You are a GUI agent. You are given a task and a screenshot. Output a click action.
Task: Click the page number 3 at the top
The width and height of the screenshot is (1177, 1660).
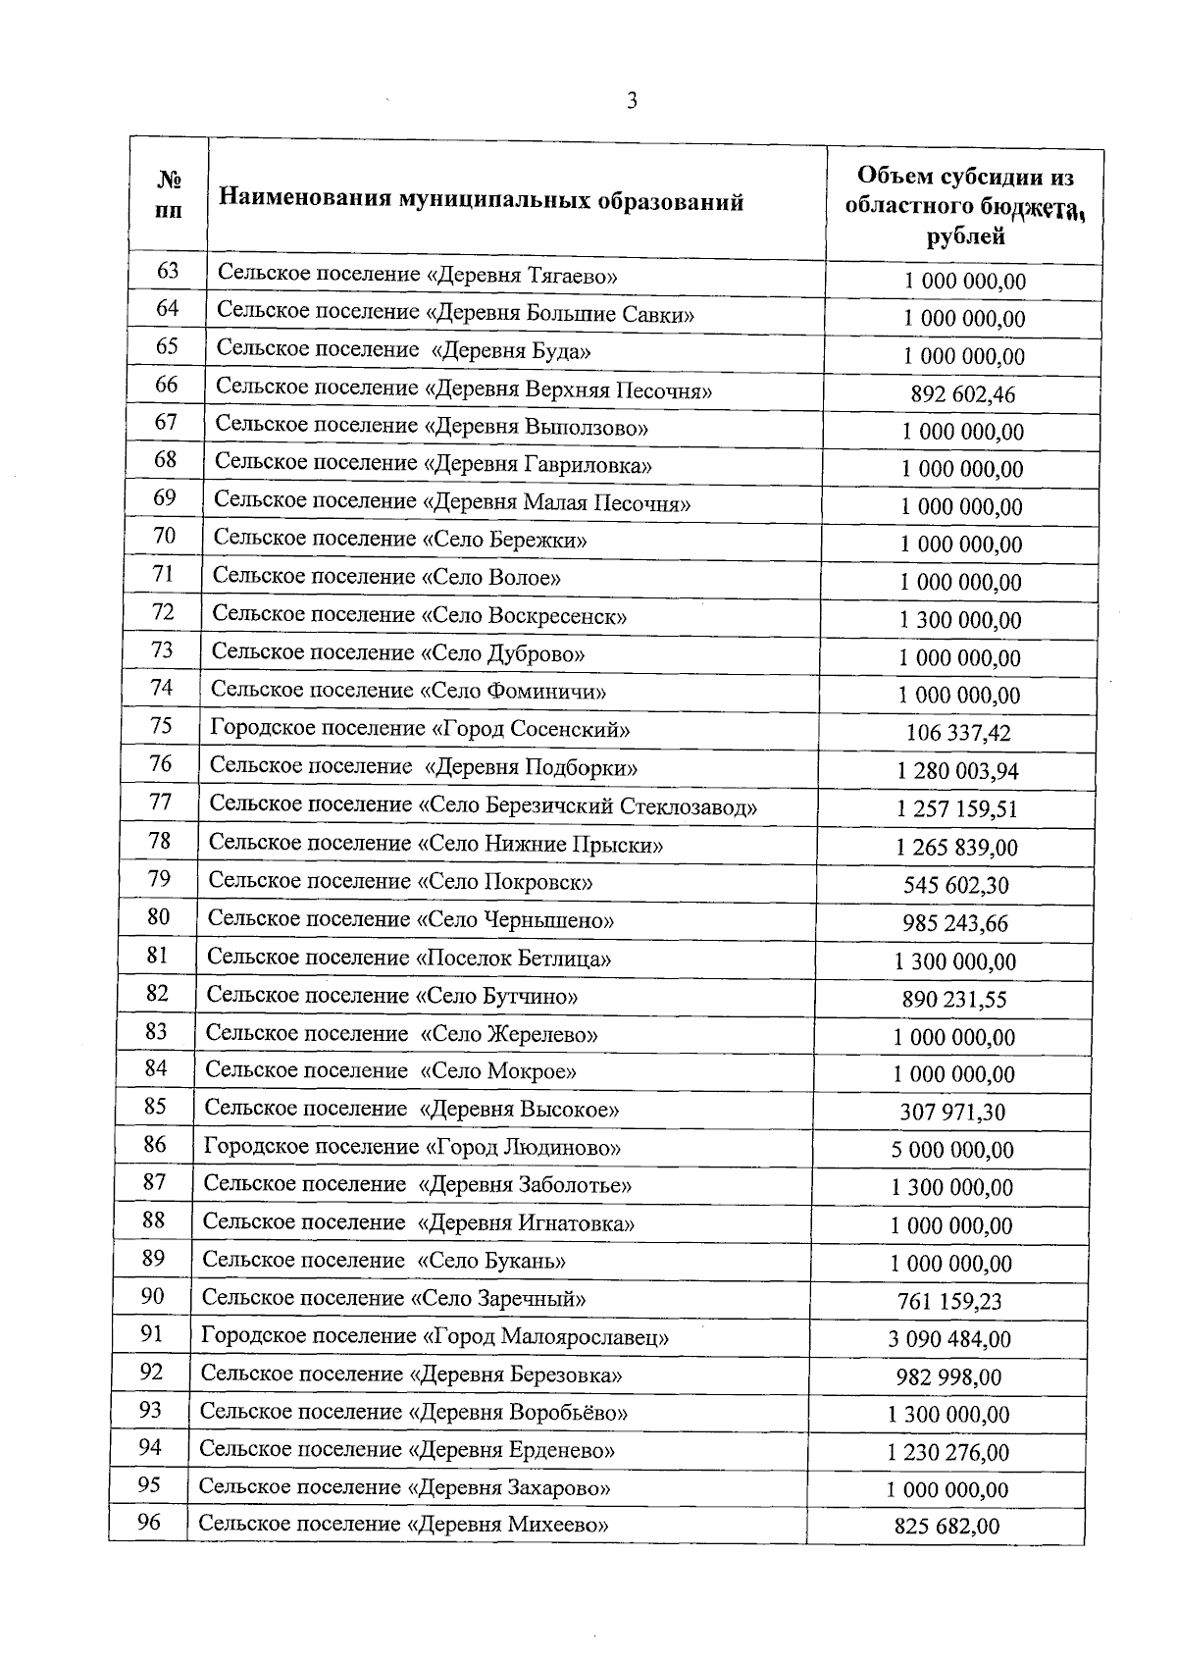tap(632, 100)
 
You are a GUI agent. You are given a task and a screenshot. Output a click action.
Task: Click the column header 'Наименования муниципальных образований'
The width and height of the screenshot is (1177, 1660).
tap(481, 201)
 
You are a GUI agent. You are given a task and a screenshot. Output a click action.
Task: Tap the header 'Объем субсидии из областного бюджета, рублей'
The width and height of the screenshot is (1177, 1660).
tap(965, 206)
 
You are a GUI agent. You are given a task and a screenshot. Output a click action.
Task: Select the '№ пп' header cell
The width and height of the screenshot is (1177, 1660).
tap(169, 195)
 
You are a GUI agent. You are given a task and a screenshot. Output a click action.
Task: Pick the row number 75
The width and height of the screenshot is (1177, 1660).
tap(162, 725)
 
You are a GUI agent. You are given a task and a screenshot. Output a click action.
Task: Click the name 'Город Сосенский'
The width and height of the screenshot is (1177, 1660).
tap(531, 729)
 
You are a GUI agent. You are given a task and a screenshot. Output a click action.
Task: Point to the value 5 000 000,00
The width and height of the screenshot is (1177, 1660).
tap(952, 1149)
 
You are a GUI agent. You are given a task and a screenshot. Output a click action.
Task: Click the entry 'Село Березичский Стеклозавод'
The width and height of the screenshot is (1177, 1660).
tap(588, 805)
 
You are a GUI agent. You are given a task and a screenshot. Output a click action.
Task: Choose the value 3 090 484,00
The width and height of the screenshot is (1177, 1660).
tap(949, 1338)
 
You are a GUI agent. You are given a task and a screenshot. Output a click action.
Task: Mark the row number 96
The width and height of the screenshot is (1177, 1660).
tap(148, 1522)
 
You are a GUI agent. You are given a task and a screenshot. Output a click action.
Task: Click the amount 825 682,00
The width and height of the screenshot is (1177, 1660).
tap(947, 1527)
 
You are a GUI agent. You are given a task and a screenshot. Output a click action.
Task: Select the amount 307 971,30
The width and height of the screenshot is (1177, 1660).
tap(952, 1112)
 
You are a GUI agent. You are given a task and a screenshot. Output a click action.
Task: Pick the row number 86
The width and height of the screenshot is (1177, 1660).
tap(155, 1144)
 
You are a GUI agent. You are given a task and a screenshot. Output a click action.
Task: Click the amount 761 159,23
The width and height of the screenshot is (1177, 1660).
tap(949, 1301)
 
